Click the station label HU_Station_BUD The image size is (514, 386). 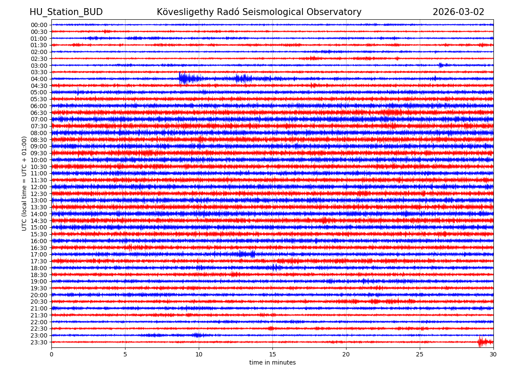click(66, 12)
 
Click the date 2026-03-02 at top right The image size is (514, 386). click(458, 12)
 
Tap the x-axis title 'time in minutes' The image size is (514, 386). click(272, 362)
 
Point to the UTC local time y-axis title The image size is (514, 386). click(24, 183)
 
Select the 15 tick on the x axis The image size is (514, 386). click(272, 354)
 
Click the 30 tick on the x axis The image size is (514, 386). click(493, 354)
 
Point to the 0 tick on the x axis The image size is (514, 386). click(51, 354)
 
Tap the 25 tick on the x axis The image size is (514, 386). click(420, 354)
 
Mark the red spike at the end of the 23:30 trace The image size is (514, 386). click(480, 341)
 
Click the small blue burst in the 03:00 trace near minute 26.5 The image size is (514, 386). click(441, 65)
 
